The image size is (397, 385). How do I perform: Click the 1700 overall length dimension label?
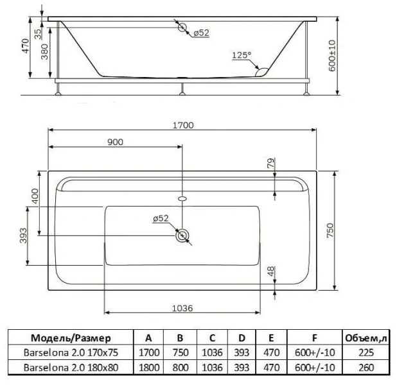[x=183, y=125]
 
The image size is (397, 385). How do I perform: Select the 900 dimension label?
[x=115, y=142]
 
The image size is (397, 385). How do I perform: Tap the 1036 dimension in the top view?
[x=182, y=308]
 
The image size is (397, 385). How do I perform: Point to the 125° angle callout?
[x=242, y=55]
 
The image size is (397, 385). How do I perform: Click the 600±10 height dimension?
[x=332, y=56]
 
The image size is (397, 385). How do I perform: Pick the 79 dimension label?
[x=271, y=163]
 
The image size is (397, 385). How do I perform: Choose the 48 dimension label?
[x=271, y=271]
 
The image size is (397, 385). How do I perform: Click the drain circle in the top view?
[x=182, y=235]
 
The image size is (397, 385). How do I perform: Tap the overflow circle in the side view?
[x=182, y=27]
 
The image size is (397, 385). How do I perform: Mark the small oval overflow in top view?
[x=182, y=198]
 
